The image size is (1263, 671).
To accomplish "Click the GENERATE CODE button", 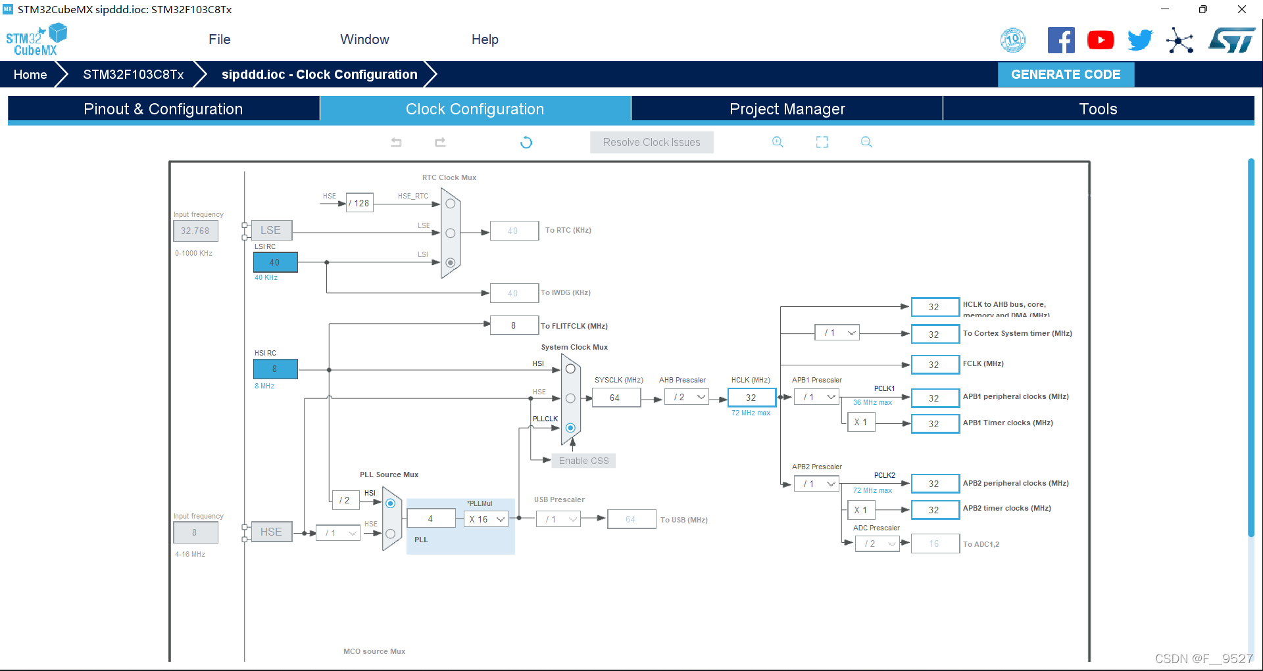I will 1066,74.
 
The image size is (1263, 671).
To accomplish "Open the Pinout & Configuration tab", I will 163,109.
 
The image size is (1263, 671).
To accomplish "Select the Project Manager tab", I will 787,109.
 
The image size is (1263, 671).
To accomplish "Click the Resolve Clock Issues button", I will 651,142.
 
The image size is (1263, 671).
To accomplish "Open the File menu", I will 219,39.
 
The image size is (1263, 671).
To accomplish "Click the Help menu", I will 485,39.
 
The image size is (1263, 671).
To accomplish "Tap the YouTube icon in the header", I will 1101,40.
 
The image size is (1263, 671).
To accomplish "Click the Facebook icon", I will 1061,40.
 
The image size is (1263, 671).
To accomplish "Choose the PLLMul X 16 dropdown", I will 486,519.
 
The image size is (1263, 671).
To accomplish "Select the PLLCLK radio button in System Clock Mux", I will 570,428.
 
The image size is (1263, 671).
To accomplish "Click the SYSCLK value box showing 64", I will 616,398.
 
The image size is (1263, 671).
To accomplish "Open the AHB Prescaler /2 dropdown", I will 686,397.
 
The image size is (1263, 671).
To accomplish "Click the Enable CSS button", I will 583,461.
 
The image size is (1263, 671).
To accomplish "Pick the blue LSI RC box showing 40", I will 275,262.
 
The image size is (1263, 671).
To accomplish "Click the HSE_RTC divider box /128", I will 360,203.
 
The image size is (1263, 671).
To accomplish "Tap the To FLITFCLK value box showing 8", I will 514,325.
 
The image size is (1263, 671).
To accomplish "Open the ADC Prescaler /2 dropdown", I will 877,544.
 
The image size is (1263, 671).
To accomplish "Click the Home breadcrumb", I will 30,74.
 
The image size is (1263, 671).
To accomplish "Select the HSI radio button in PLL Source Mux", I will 390,503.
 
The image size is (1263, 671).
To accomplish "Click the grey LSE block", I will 271,230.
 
